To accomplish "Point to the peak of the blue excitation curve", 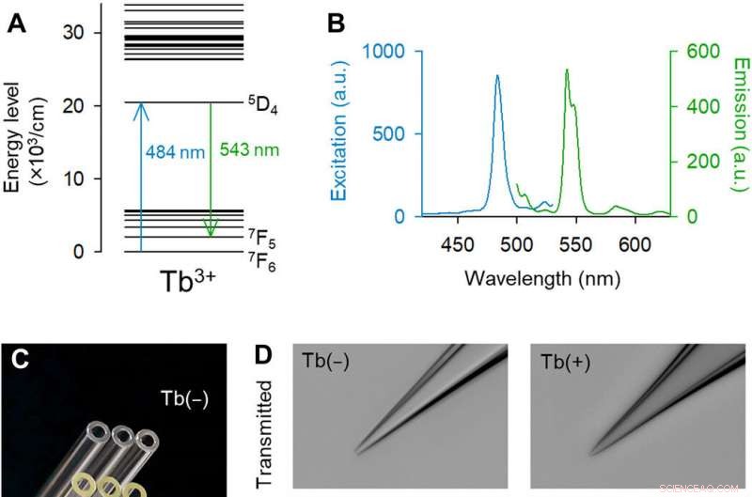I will click(x=497, y=77).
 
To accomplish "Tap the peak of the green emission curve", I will click(x=567, y=70).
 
